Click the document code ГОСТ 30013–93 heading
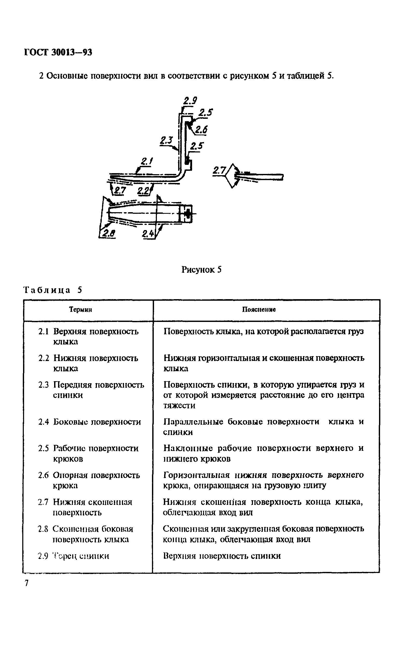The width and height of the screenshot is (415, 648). click(58, 52)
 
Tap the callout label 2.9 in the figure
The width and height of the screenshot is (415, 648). click(190, 101)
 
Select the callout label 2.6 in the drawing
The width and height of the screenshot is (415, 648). click(201, 130)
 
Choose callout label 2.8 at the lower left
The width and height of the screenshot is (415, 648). click(108, 233)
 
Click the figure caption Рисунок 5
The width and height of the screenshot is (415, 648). click(201, 270)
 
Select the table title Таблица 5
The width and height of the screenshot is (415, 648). click(53, 290)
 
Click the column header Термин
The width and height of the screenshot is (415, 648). click(81, 310)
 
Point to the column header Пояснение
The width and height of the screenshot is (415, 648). click(259, 310)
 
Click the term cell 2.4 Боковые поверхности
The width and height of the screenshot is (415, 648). click(90, 422)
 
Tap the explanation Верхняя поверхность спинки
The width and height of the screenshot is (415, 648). click(222, 556)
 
